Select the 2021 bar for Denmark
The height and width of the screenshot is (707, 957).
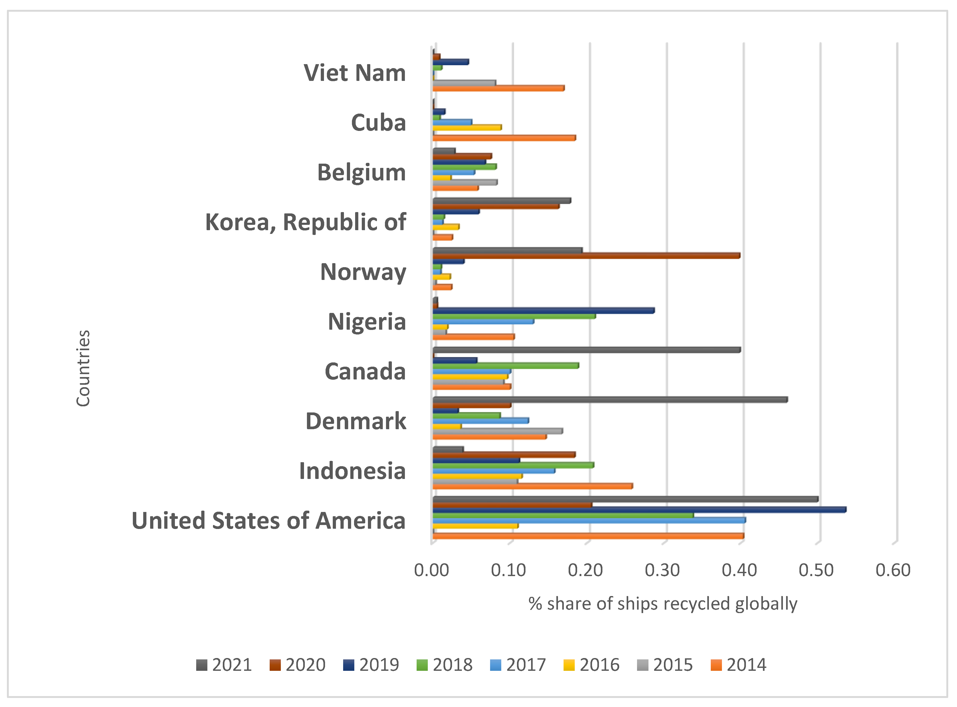(x=610, y=400)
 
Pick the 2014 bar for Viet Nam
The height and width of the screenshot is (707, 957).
(x=498, y=88)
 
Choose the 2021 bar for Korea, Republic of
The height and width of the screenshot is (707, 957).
(x=502, y=201)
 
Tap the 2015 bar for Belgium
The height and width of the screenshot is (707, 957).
(x=465, y=182)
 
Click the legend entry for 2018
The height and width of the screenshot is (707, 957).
(x=445, y=665)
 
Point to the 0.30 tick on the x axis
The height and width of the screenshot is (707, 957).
(x=662, y=570)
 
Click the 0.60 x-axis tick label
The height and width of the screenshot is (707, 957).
(x=893, y=570)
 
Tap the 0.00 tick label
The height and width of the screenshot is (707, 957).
(x=432, y=570)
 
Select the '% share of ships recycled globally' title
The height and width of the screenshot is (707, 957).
(x=663, y=604)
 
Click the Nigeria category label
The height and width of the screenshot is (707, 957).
(x=367, y=321)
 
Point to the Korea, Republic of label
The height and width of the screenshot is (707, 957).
(x=306, y=222)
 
